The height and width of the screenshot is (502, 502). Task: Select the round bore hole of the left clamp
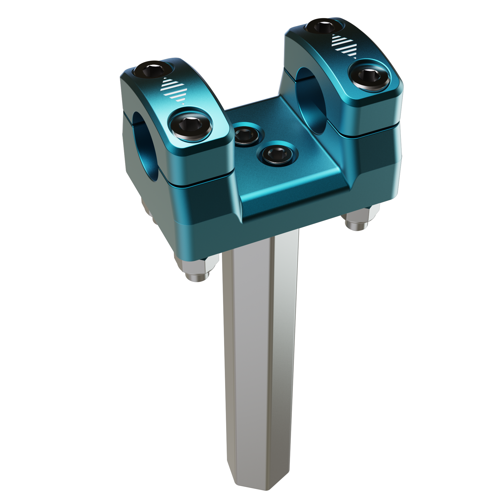tap(145, 146)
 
